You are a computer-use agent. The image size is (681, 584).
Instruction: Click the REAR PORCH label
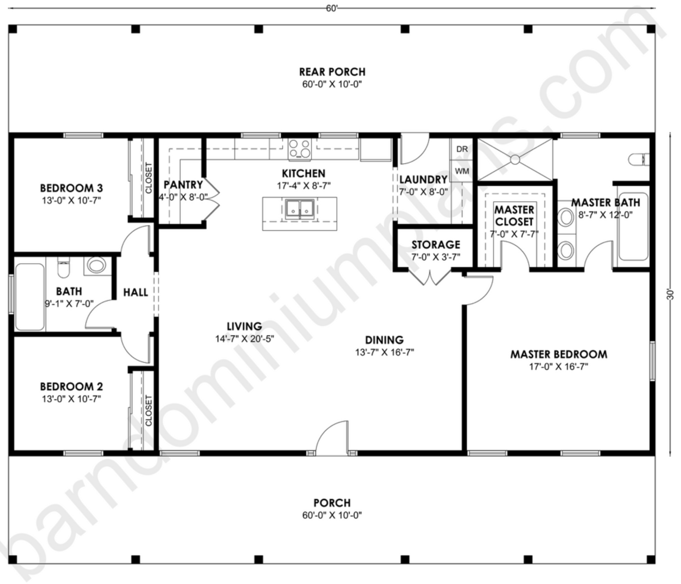pyautogui.click(x=332, y=72)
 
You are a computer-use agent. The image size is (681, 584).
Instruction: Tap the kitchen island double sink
pyautogui.click(x=300, y=208)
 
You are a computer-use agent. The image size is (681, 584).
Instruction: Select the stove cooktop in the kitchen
pyautogui.click(x=300, y=148)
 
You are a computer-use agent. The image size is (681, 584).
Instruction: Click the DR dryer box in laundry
pyautogui.click(x=462, y=149)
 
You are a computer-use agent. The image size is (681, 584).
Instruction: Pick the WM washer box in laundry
pyautogui.click(x=462, y=171)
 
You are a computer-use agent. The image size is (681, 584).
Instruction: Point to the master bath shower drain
pyautogui.click(x=515, y=160)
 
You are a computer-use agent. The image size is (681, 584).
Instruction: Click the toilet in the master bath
pyautogui.click(x=639, y=159)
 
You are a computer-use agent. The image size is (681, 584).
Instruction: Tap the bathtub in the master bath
pyautogui.click(x=633, y=226)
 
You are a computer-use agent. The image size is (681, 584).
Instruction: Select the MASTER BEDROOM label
pyautogui.click(x=558, y=354)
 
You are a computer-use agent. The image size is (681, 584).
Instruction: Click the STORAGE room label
pyautogui.click(x=435, y=245)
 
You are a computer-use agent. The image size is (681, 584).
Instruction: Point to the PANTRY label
pyautogui.click(x=183, y=185)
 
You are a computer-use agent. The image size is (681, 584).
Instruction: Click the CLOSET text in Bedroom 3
pyautogui.click(x=148, y=178)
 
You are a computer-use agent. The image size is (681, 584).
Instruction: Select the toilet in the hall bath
pyautogui.click(x=63, y=267)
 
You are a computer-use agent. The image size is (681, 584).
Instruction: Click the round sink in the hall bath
pyautogui.click(x=97, y=265)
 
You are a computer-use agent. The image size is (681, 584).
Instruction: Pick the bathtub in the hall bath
pyautogui.click(x=30, y=297)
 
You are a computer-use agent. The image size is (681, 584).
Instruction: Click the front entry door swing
pyautogui.click(x=333, y=438)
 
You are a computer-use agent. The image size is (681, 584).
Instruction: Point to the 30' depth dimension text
pyautogui.click(x=671, y=294)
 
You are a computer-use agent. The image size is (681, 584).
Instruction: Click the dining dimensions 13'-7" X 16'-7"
pyautogui.click(x=384, y=352)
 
